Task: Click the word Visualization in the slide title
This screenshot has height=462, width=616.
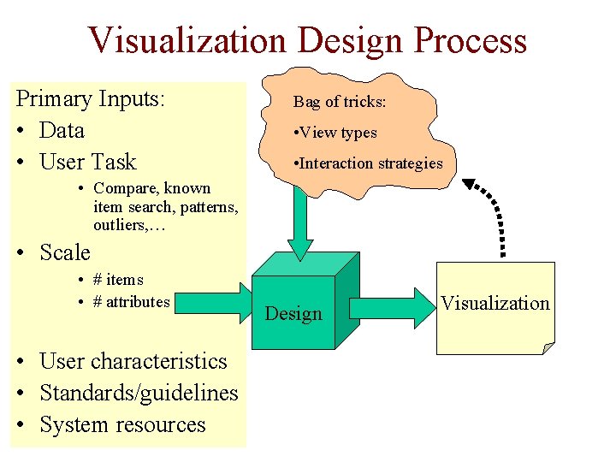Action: [187, 41]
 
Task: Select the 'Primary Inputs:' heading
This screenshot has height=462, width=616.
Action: [91, 98]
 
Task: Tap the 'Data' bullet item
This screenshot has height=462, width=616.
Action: [62, 130]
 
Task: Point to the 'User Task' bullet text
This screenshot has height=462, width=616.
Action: [88, 162]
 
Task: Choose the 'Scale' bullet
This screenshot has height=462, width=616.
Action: [64, 252]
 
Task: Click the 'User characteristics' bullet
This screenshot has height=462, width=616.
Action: [133, 361]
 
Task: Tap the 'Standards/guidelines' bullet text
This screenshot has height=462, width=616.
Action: [139, 393]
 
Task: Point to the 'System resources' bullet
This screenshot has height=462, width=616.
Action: [122, 424]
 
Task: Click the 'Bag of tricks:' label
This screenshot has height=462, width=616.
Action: [340, 102]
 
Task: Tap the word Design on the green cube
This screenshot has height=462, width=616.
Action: [293, 313]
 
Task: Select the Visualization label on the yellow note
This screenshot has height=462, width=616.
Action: [495, 303]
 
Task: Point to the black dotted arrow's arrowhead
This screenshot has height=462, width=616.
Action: [471, 185]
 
